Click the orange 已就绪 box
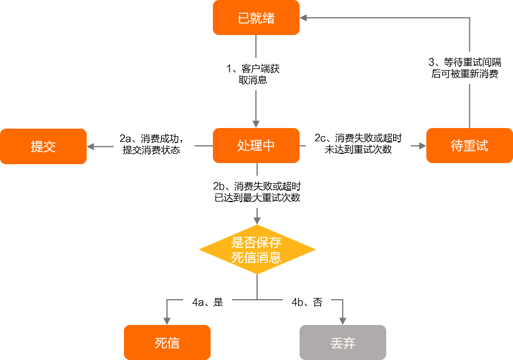pos(256,18)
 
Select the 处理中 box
pos(256,146)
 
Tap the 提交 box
pos(43,146)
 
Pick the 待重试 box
pos(469,146)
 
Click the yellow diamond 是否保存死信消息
pos(256,250)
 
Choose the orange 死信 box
pos(167,343)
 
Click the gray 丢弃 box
pos(343,343)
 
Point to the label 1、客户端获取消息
pos(253,74)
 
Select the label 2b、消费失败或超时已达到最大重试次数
pos(256,192)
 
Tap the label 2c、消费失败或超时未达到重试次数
pos(358,144)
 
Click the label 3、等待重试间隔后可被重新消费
pos(465,68)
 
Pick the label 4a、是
pos(207,302)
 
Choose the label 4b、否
pos(307,302)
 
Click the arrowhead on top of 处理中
pos(256,124)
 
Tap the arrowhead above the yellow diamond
pos(256,220)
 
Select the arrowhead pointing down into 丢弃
pos(343,321)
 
